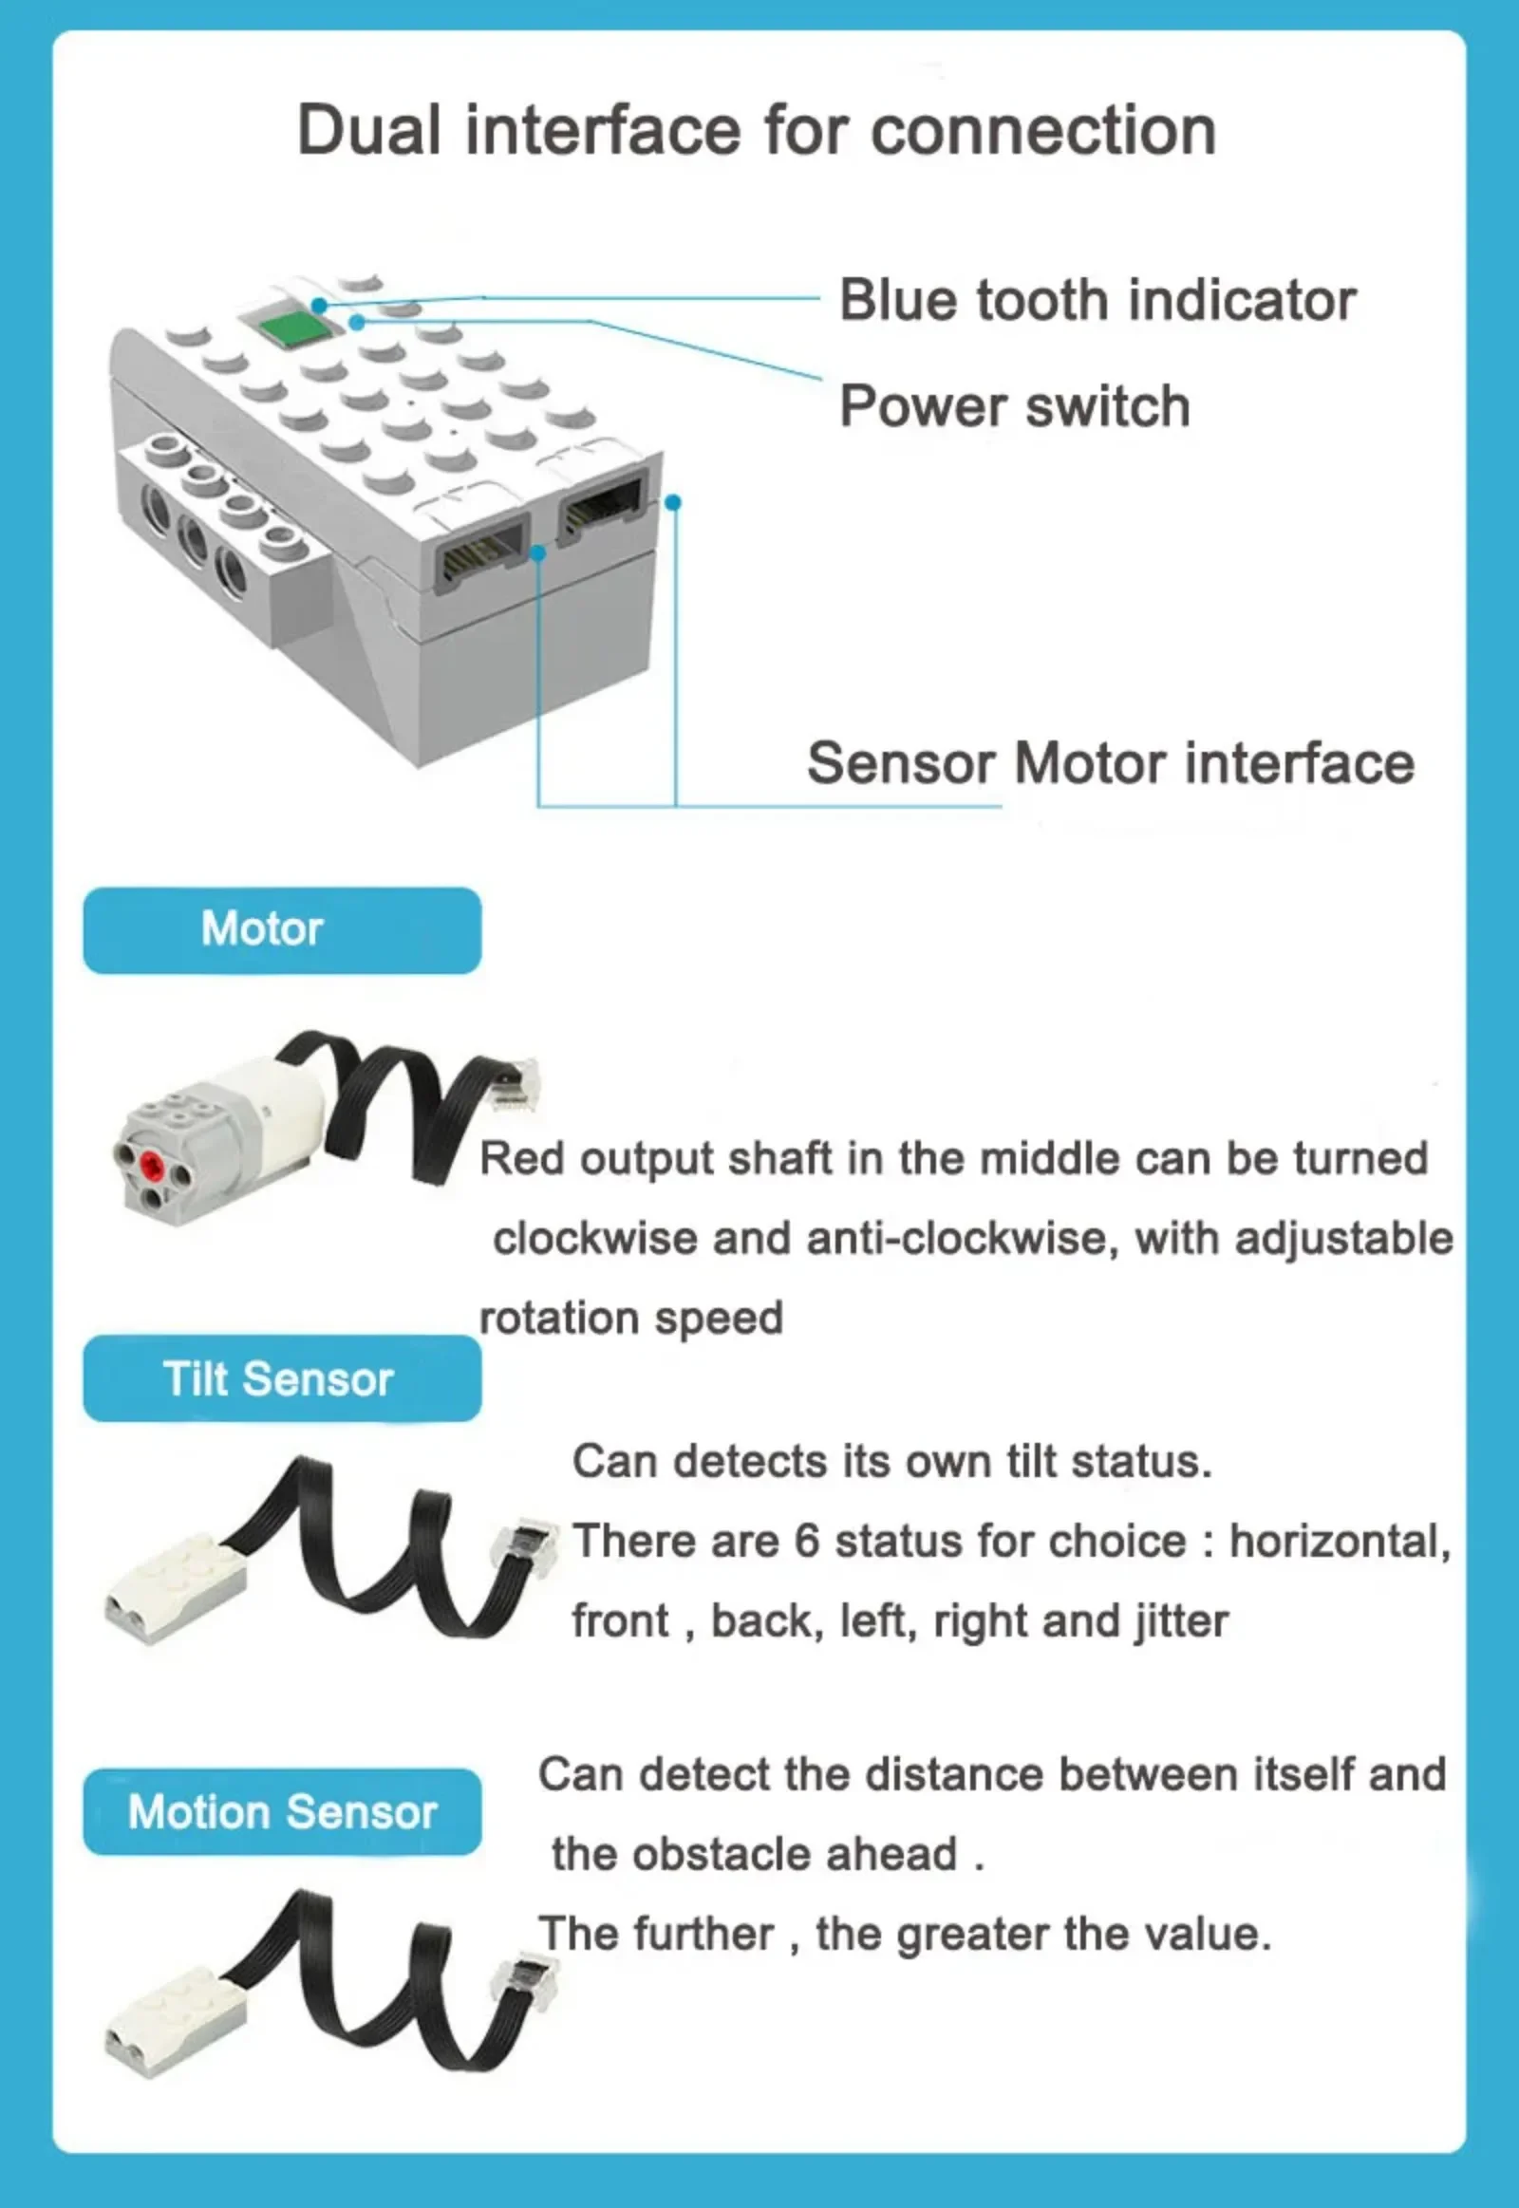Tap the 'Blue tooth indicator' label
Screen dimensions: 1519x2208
pos(1097,300)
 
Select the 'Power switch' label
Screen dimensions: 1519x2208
pos(1015,406)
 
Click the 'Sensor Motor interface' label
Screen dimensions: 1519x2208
pos(1111,763)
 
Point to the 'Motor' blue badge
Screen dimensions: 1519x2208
pos(282,930)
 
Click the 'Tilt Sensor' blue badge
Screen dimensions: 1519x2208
pos(282,1378)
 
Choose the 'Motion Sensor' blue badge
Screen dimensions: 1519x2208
pos(282,1812)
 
